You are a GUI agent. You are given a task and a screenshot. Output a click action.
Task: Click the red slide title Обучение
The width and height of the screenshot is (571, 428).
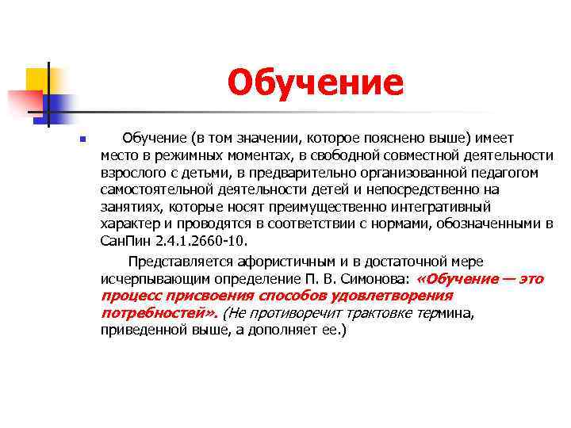315,82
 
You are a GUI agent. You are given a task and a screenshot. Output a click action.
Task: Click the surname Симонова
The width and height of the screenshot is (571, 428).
374,279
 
